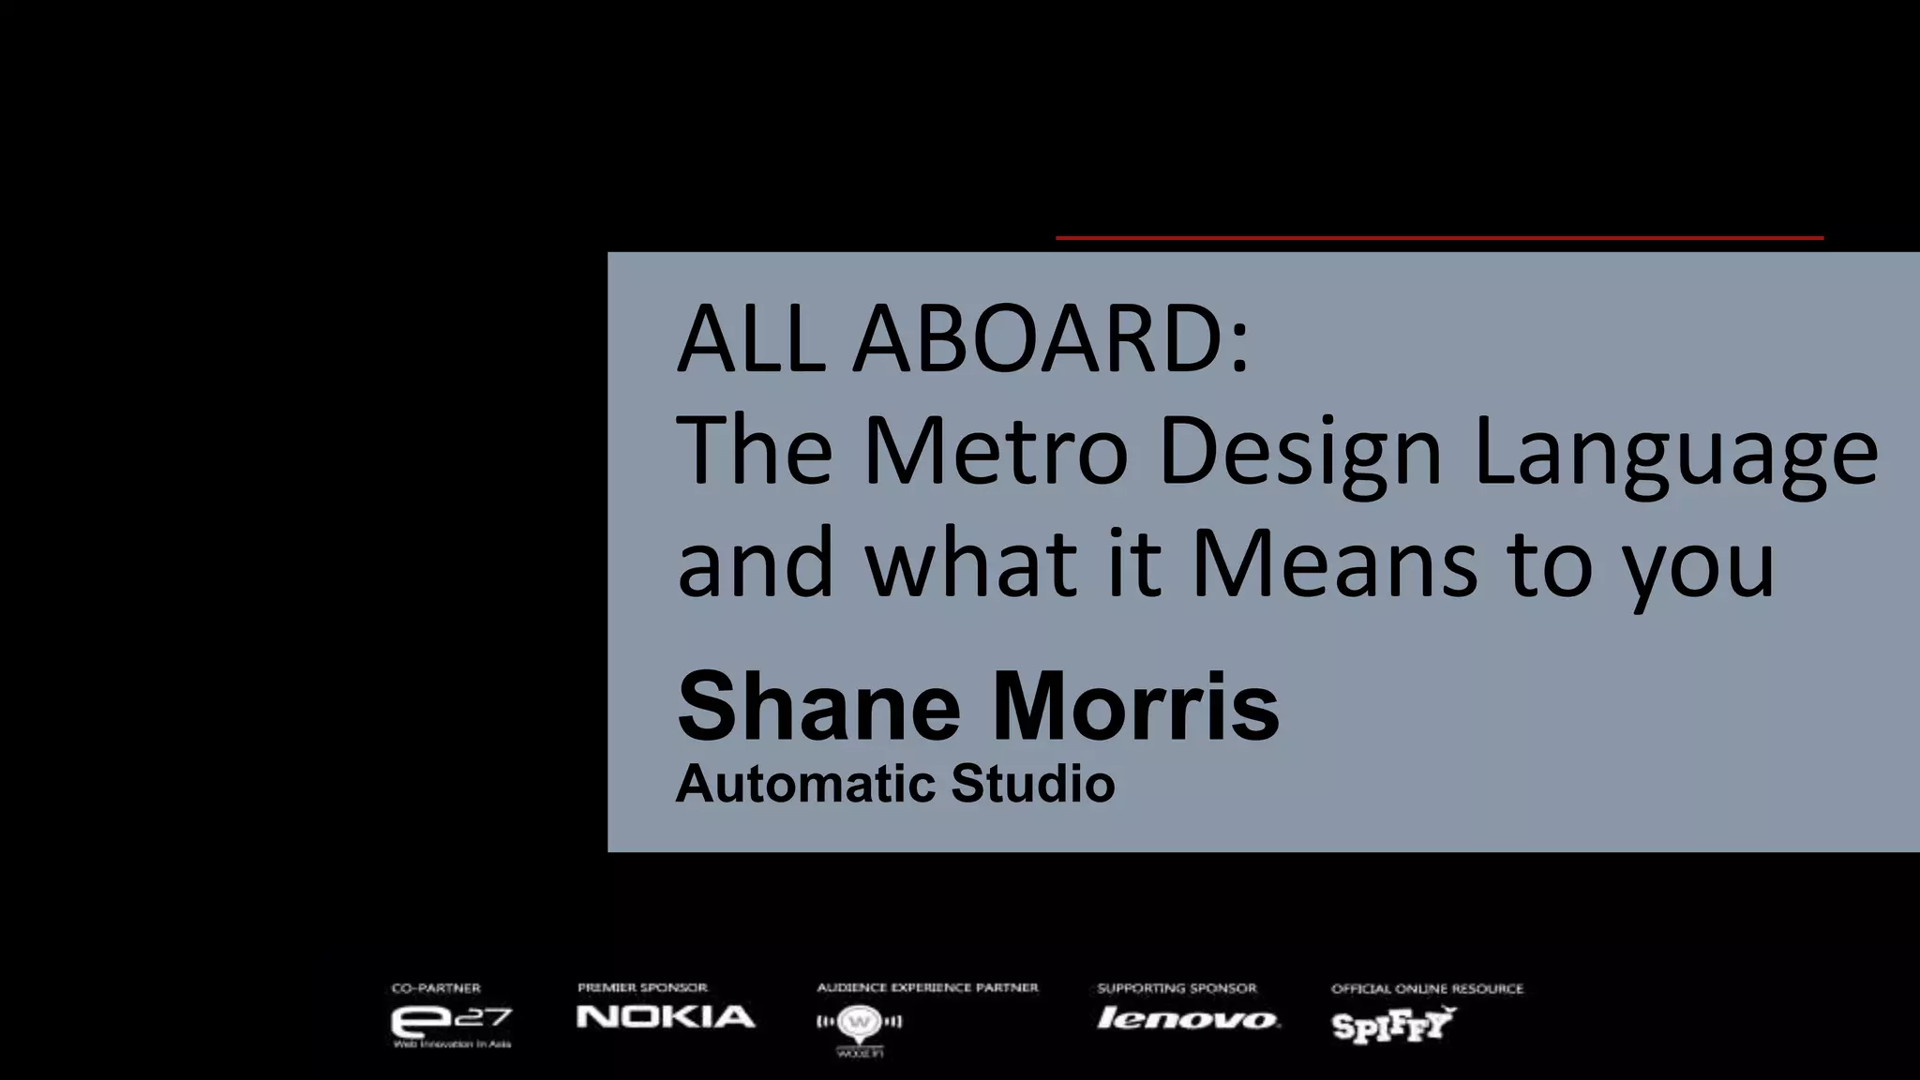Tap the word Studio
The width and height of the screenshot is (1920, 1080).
1032,784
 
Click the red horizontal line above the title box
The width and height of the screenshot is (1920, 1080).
1439,238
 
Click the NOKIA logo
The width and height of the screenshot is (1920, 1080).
666,1017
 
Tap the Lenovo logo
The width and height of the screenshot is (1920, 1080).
1187,1019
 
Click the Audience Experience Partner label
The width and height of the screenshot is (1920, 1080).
927,988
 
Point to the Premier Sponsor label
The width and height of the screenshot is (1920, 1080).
642,988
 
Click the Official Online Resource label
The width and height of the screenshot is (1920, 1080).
1427,988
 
